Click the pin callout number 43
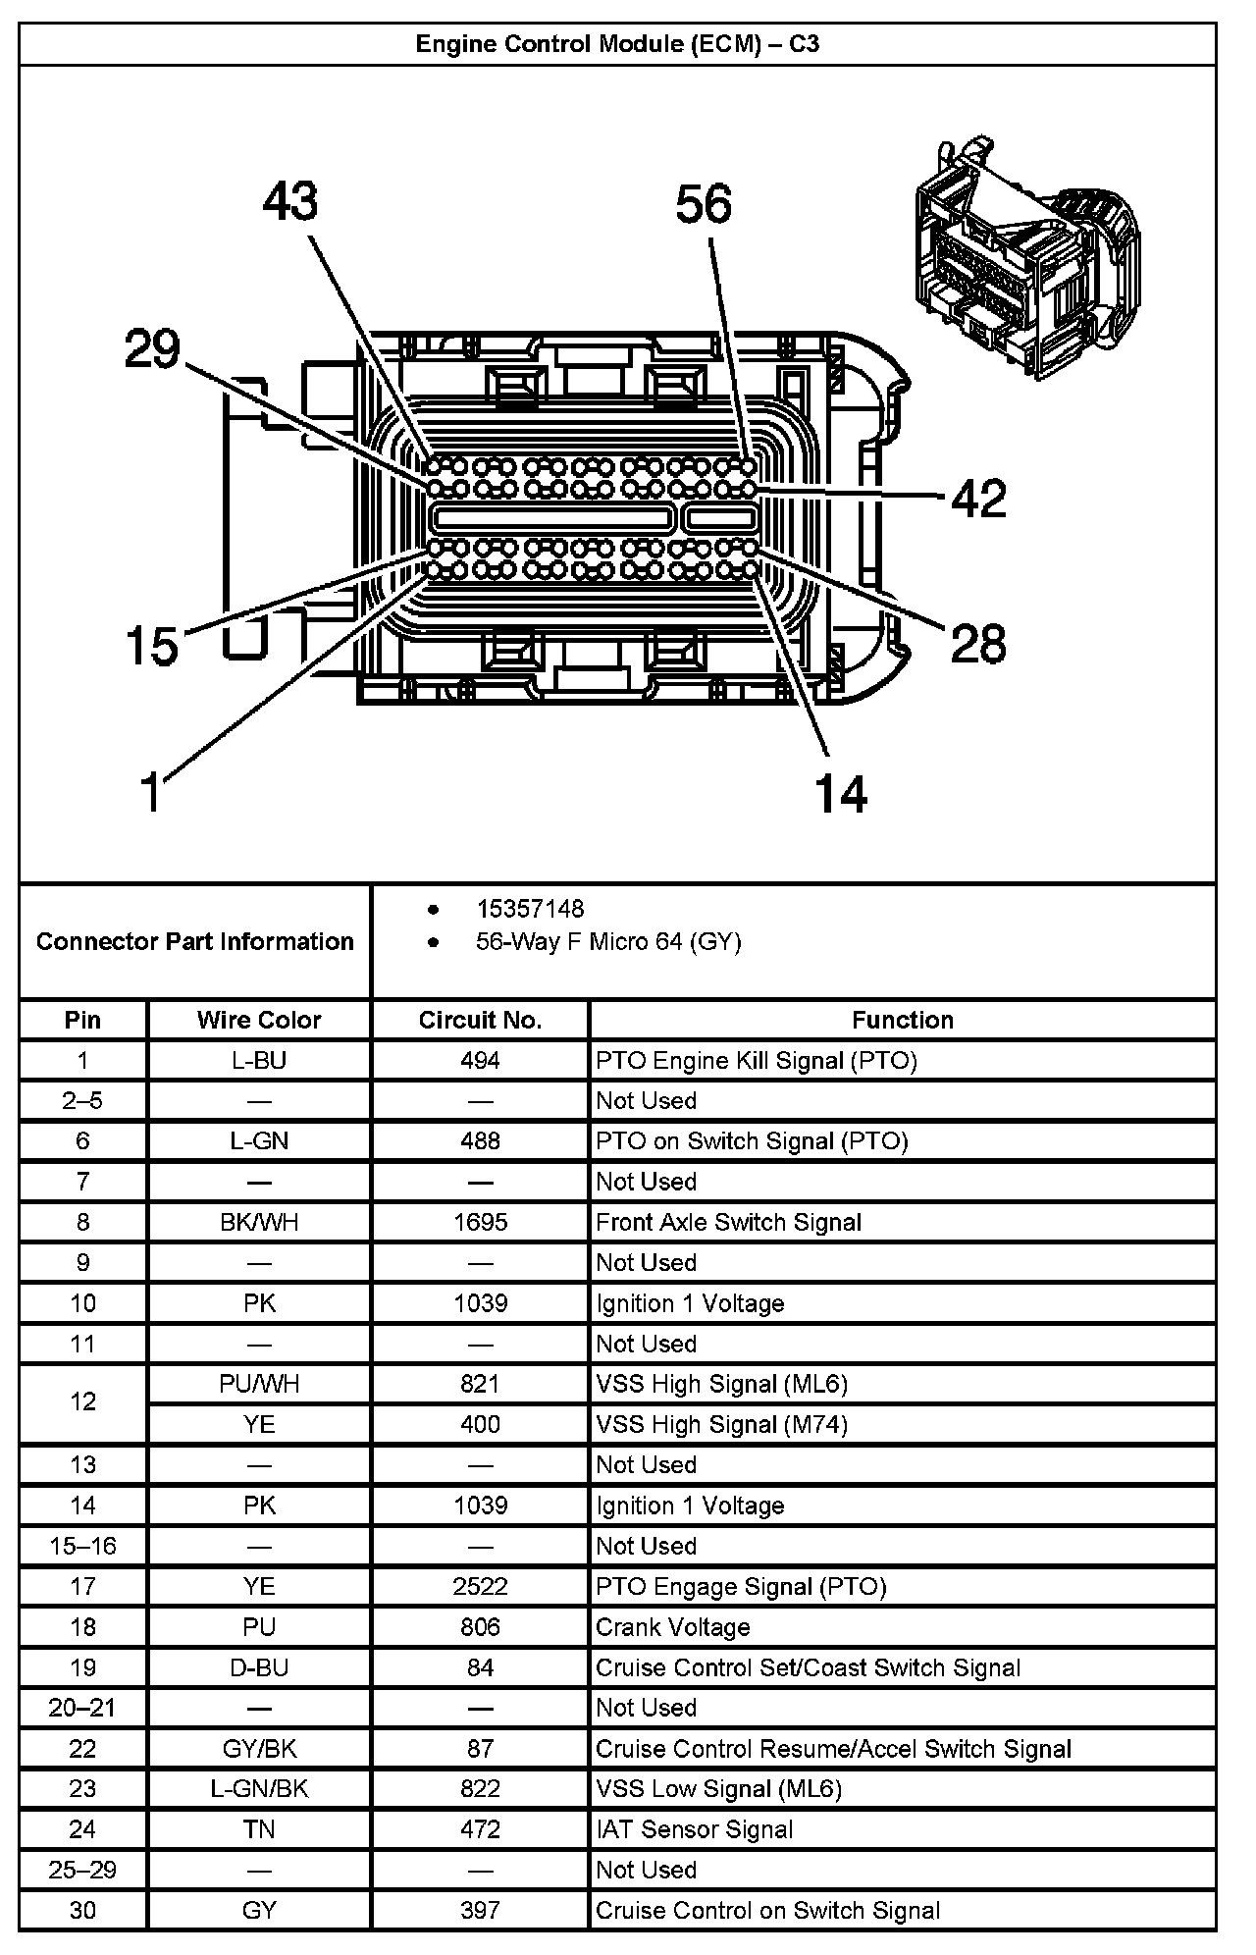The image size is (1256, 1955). (290, 201)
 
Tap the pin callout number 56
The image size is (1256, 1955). (704, 204)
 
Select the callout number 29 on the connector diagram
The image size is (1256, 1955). (152, 349)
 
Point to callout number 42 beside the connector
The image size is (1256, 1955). (978, 499)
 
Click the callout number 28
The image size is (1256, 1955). (978, 644)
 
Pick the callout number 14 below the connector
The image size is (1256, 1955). (841, 793)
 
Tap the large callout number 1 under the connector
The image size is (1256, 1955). (150, 792)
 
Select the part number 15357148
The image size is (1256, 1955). (530, 909)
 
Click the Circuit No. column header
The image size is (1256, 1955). (480, 1020)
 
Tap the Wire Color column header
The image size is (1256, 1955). (259, 1020)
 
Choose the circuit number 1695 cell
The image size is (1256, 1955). (480, 1222)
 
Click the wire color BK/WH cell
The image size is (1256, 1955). (259, 1222)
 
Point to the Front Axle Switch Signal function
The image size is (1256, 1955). (728, 1222)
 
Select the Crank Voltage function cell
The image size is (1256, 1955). (673, 1627)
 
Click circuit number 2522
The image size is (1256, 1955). (480, 1587)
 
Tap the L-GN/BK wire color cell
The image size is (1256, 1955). (259, 1789)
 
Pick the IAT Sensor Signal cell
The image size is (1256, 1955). (694, 1829)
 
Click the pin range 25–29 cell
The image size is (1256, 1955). (82, 1870)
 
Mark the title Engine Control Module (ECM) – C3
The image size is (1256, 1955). (617, 44)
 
